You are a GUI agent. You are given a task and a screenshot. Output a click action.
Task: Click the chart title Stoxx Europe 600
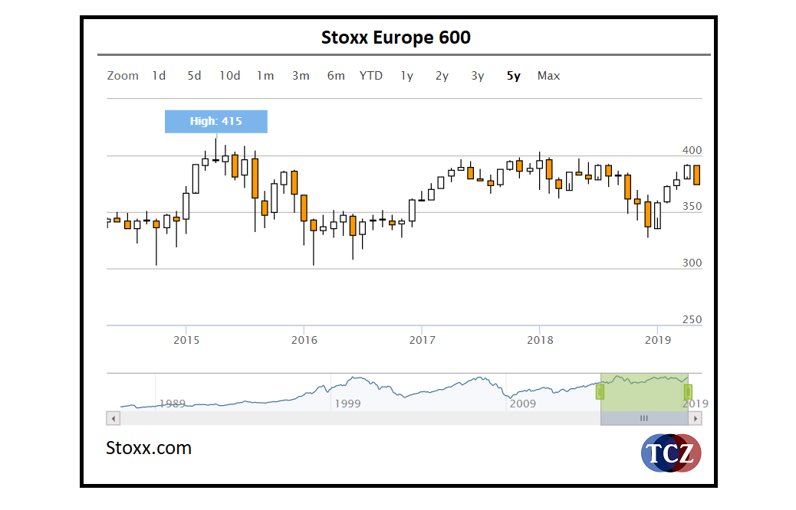click(396, 38)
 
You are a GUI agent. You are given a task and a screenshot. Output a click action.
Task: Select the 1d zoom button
click(159, 76)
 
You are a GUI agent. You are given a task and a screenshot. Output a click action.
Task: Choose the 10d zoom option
click(229, 76)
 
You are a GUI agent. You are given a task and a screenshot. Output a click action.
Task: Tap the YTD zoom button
click(371, 76)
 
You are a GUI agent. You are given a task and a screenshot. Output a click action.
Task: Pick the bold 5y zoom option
click(513, 76)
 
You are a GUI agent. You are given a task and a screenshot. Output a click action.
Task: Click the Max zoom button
click(548, 76)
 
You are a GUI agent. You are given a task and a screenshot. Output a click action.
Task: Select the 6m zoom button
click(336, 76)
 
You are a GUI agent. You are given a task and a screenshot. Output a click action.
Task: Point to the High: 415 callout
click(216, 121)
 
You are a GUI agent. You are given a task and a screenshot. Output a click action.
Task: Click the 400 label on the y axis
click(692, 151)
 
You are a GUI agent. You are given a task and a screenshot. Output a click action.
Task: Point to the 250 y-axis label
click(692, 319)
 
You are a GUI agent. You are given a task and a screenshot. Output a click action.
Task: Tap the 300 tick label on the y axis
click(692, 263)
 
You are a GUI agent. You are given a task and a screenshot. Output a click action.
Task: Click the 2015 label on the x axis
click(186, 339)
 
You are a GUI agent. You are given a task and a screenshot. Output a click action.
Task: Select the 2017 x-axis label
click(422, 339)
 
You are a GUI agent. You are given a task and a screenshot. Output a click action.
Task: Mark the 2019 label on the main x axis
click(657, 339)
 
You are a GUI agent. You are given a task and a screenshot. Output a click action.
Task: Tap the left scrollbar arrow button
click(113, 418)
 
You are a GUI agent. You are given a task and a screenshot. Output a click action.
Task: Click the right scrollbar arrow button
click(695, 418)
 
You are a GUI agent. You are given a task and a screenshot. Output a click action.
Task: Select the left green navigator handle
click(600, 391)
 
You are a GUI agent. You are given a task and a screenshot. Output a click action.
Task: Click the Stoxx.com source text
click(149, 448)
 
